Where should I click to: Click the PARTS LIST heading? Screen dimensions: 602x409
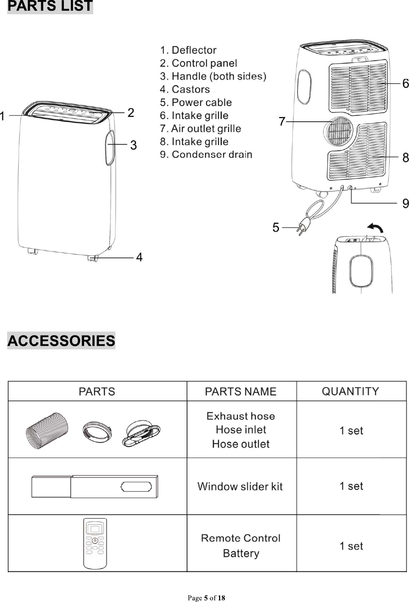click(x=50, y=7)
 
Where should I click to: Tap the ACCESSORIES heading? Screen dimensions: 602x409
click(x=61, y=341)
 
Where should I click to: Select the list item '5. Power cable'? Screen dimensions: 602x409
click(x=196, y=102)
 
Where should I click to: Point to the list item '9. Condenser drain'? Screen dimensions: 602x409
click(x=206, y=155)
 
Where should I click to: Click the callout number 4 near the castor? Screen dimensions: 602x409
click(x=139, y=257)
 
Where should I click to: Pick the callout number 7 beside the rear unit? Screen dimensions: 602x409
click(x=282, y=121)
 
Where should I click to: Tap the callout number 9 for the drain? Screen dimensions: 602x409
click(x=405, y=203)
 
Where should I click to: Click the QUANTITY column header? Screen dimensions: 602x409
click(x=350, y=391)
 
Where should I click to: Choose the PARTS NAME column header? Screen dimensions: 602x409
click(x=240, y=392)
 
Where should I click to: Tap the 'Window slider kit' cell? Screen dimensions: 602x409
click(x=240, y=487)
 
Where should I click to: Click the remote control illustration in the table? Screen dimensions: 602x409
click(x=95, y=543)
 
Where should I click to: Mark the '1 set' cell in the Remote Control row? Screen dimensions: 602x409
click(x=351, y=546)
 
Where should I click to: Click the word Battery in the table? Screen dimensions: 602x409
click(x=241, y=553)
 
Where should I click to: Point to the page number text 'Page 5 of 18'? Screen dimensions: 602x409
click(x=206, y=598)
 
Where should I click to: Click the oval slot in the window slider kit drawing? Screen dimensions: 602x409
click(x=136, y=487)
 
